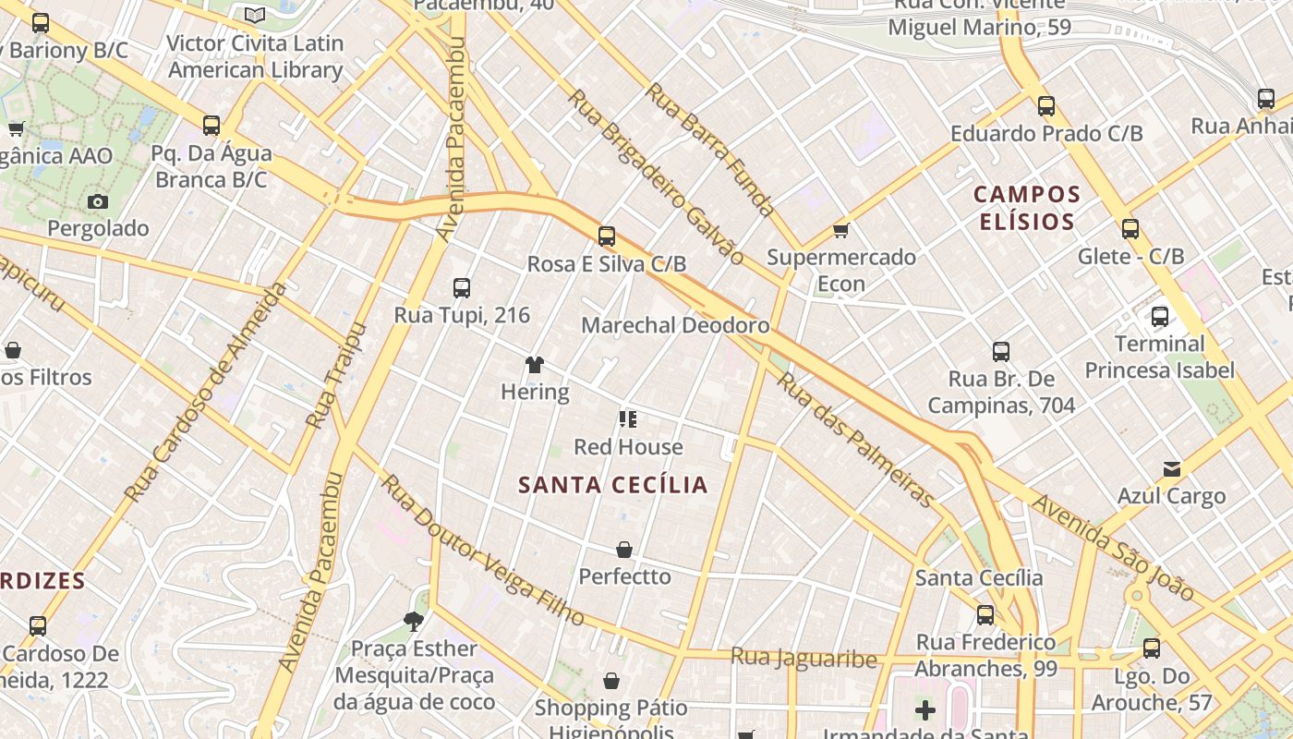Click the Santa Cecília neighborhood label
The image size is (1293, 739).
[x=613, y=485]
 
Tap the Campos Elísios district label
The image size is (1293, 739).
[x=1027, y=208]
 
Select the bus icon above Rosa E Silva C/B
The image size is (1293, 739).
[x=607, y=236]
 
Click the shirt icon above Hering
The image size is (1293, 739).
[x=535, y=365]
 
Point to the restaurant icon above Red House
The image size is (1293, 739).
[x=628, y=420]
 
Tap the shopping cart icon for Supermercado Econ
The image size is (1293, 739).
[x=840, y=230]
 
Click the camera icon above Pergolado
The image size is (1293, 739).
[x=98, y=201]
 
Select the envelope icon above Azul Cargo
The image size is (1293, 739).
[x=1172, y=469]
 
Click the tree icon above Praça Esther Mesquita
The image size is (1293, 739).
[x=414, y=622]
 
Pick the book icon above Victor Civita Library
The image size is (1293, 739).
[x=255, y=16]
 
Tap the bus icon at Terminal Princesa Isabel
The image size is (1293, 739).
[x=1160, y=317]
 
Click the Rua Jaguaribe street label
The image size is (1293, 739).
[x=804, y=658]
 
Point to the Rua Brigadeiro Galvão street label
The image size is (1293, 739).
[x=655, y=176]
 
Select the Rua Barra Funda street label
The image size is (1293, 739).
[x=709, y=150]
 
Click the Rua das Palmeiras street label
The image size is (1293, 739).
[x=855, y=439]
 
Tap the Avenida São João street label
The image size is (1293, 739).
[x=1113, y=547]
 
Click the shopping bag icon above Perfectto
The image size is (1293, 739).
[x=624, y=551]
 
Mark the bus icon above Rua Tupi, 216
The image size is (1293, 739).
[x=462, y=288]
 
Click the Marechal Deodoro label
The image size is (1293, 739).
[x=675, y=325]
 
